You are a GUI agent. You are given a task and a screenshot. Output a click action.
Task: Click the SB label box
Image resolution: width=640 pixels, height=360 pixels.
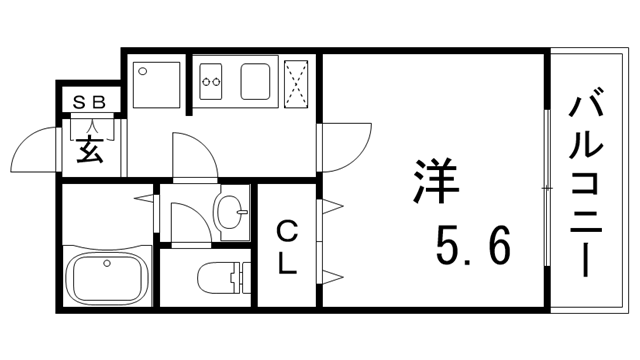tap(91, 101)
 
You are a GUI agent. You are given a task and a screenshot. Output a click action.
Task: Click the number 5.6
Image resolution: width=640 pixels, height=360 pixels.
tap(473, 242)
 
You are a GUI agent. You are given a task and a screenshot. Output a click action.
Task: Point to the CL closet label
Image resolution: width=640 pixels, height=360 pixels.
tap(286, 249)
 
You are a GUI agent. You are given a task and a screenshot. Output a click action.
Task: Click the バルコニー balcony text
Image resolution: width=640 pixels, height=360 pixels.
tap(589, 185)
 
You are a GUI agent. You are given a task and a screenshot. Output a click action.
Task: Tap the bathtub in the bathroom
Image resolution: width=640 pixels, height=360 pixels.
tap(105, 276)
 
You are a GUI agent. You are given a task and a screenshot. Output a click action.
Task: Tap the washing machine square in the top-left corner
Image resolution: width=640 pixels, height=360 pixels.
tap(154, 84)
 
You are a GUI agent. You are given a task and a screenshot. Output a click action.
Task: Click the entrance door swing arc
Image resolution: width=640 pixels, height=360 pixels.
tap(36, 150)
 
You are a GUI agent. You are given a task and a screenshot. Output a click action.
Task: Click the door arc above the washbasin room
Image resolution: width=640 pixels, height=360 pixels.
tap(192, 155)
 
